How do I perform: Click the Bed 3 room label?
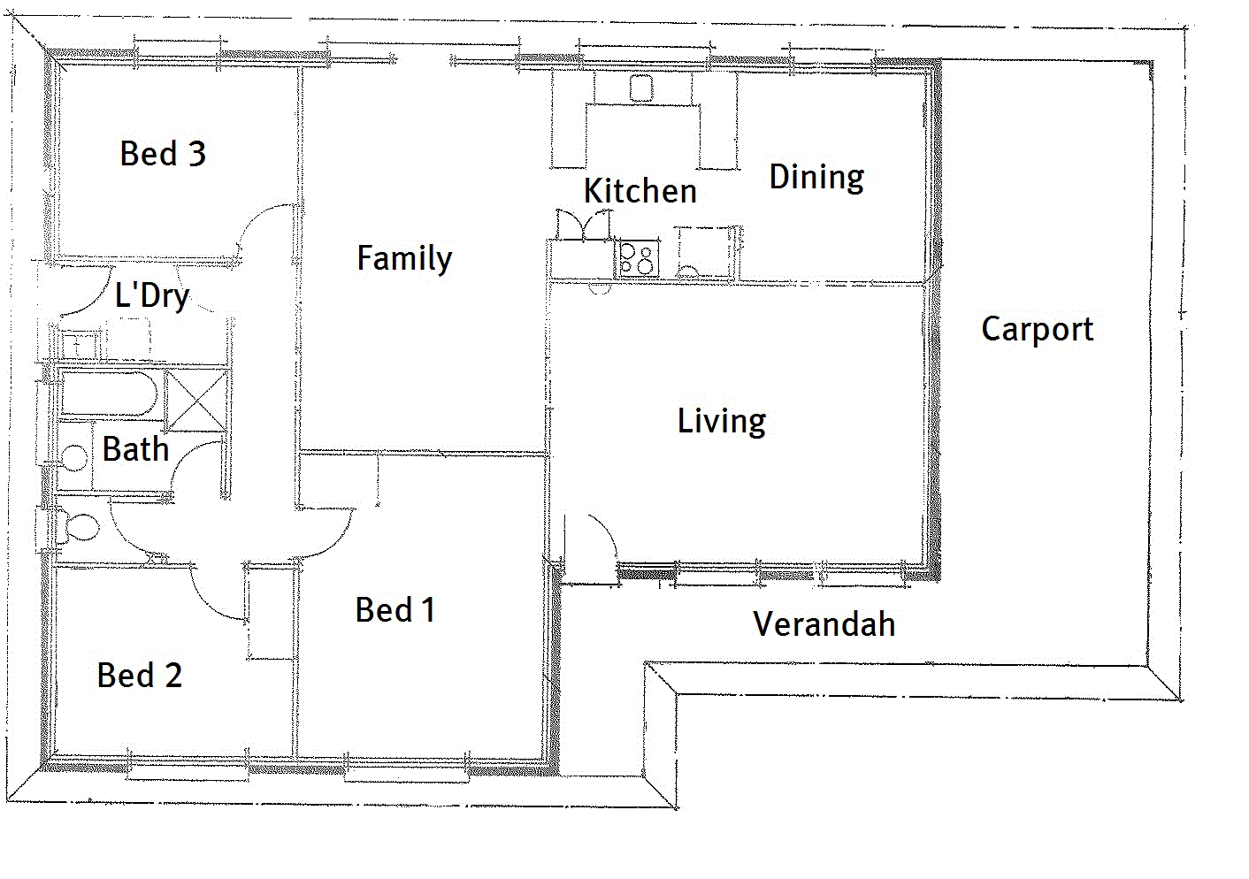[x=163, y=154]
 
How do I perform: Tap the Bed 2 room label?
[x=140, y=676]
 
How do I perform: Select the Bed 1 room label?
[x=395, y=610]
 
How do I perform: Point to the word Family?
[x=404, y=258]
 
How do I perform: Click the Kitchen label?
[x=640, y=191]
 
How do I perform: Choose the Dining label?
[x=816, y=177]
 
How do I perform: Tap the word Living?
[x=721, y=421]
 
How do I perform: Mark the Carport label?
[x=1037, y=329]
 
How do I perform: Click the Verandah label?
[x=824, y=624]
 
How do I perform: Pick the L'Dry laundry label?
[x=152, y=295]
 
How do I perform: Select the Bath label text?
[x=135, y=449]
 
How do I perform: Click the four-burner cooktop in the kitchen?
[x=638, y=259]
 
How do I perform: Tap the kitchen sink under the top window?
[x=640, y=88]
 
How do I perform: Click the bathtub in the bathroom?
[x=109, y=394]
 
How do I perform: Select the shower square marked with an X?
[x=195, y=401]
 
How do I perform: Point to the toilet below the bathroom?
[x=78, y=527]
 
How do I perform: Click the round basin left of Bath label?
[x=73, y=458]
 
